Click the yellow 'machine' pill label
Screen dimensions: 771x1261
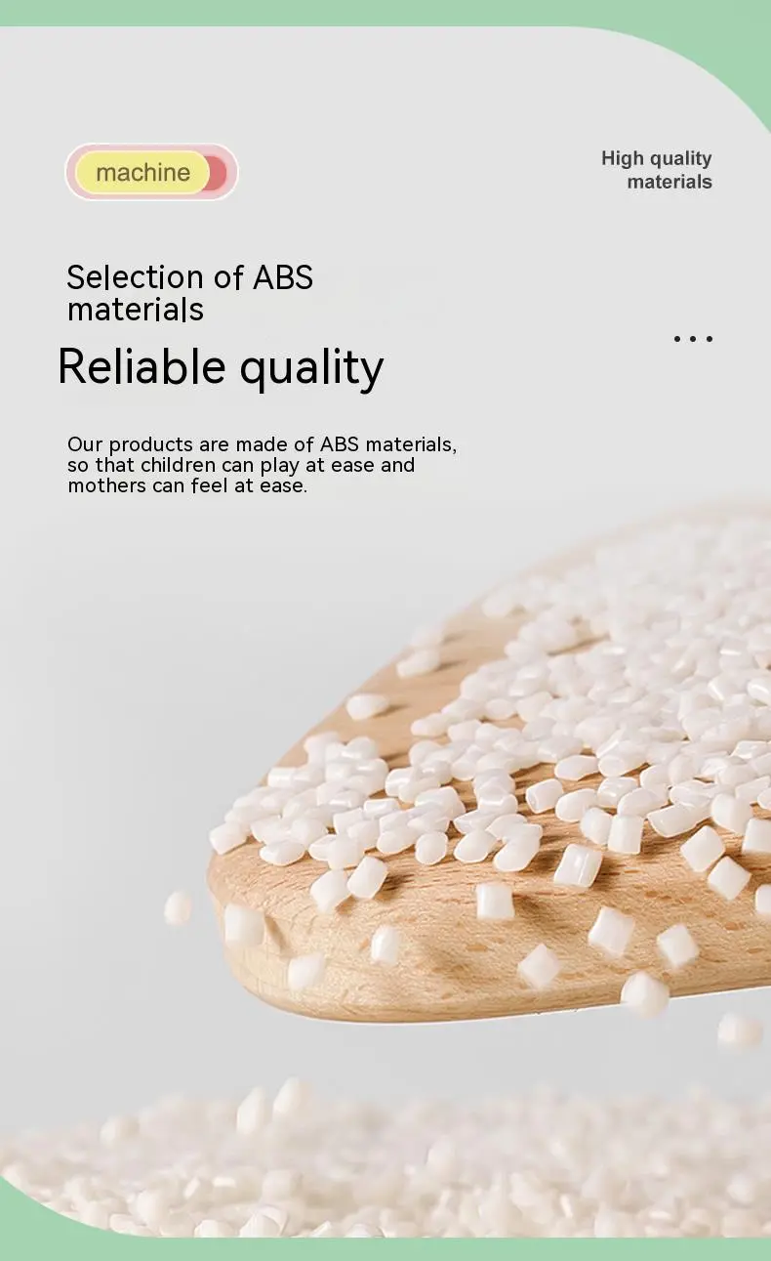pos(142,172)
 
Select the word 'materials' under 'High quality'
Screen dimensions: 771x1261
pos(670,182)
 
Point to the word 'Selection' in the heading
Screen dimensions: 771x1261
pos(135,277)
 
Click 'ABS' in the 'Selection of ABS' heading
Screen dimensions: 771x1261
pos(283,277)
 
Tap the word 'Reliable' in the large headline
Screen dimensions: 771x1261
pos(142,367)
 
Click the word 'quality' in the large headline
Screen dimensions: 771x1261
pos(311,370)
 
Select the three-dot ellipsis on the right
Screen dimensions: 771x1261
pos(693,338)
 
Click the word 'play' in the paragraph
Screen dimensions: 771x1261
pos(280,466)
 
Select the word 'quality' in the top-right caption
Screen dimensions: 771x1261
pos(681,159)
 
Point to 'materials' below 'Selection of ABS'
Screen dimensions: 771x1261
pos(135,310)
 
